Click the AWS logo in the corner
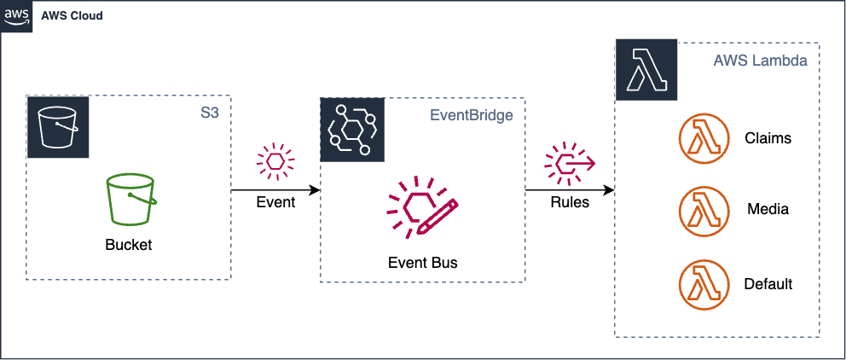coord(16,16)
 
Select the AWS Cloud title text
coord(72,15)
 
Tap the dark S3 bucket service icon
coord(58,127)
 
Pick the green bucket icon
coord(131,199)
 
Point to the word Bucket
coord(129,245)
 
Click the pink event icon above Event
coord(275,161)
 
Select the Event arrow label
coord(275,202)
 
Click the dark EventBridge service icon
coord(351,130)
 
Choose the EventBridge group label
coord(471,115)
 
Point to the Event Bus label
coord(422,263)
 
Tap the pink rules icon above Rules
coord(570,162)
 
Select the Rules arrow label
coord(570,202)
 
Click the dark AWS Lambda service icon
coord(646,70)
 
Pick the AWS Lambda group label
coord(760,61)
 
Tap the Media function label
coord(768,209)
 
